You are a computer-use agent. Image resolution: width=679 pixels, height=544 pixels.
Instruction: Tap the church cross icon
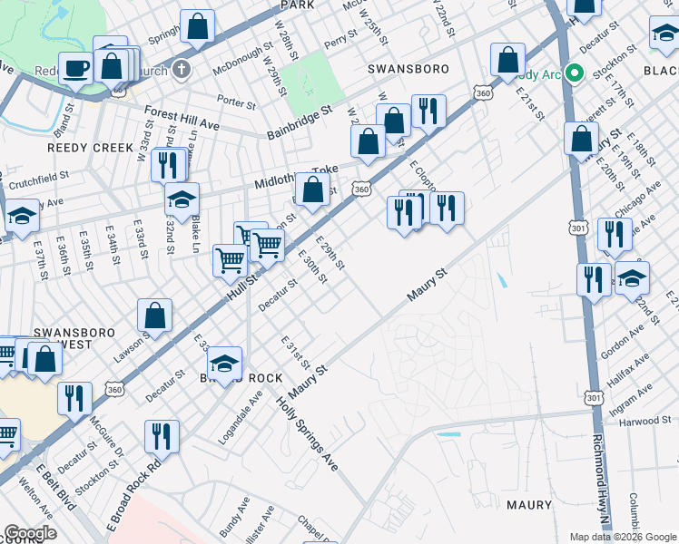tap(182, 69)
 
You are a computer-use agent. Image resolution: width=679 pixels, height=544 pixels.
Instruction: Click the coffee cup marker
tap(76, 68)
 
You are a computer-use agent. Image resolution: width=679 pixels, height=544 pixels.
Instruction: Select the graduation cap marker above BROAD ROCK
tap(224, 364)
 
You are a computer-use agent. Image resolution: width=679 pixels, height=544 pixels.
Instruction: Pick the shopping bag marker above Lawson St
tap(155, 316)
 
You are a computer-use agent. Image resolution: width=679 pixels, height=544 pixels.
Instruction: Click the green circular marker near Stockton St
tap(573, 74)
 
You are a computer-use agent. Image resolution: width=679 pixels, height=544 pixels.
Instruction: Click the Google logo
tap(30, 533)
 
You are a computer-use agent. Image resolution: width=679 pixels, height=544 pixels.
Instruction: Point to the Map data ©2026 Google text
tap(623, 537)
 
